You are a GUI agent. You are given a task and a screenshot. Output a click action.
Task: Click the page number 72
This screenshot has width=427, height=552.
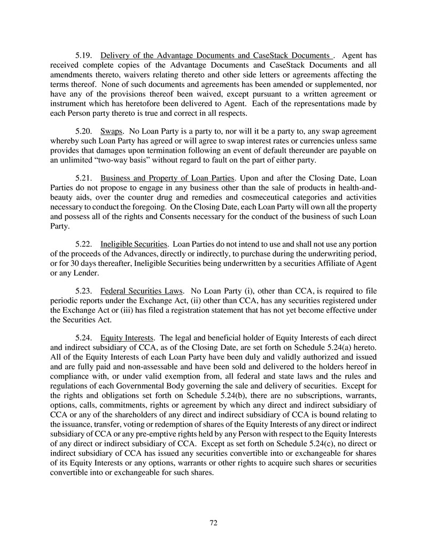tap(213, 523)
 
